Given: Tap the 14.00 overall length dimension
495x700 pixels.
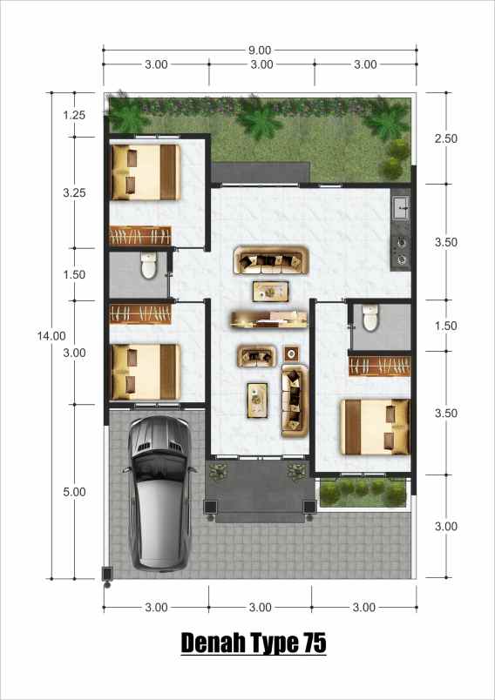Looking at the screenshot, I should tap(51, 335).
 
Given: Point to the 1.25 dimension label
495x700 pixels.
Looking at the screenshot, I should tap(74, 114).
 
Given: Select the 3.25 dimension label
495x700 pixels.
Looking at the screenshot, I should tap(74, 193).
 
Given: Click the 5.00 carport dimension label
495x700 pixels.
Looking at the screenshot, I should tap(74, 492).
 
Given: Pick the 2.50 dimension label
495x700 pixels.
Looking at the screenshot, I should tap(445, 138).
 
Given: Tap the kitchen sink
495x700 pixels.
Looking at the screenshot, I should tap(401, 207).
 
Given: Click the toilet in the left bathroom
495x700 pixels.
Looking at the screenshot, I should tap(147, 265).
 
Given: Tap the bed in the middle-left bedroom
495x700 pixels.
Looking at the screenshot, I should tap(144, 372).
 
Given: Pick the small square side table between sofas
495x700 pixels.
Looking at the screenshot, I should tap(291, 353).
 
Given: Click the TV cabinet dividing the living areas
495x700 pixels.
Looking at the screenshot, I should tap(269, 319).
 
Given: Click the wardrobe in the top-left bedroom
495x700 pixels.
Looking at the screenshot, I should tap(139, 236).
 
